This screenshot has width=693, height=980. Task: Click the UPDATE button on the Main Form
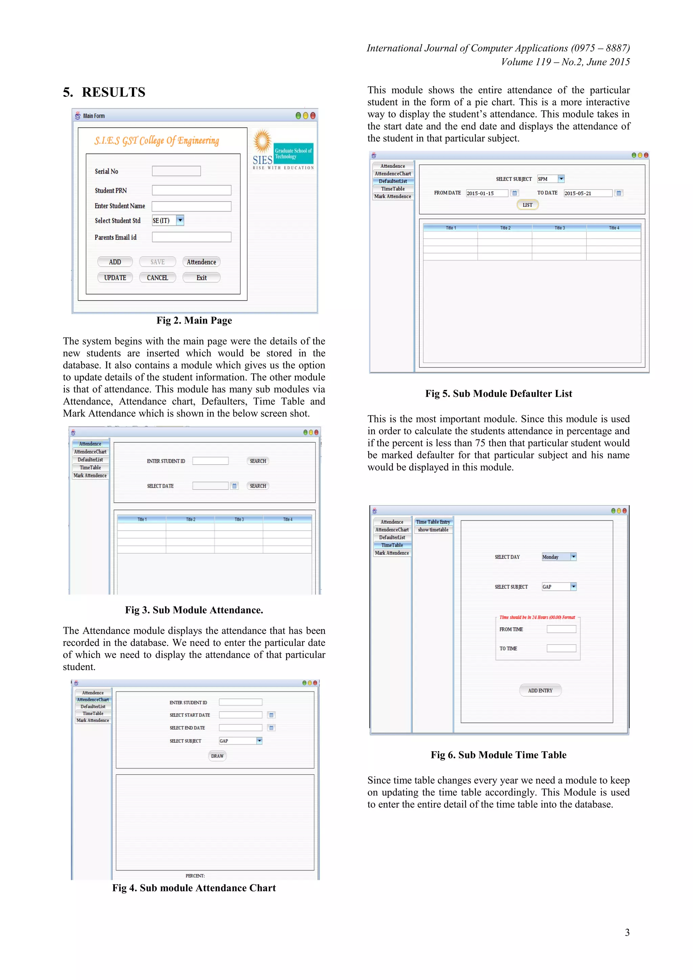click(x=115, y=278)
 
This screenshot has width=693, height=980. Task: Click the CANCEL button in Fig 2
click(x=157, y=278)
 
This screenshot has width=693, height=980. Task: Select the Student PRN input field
click(x=192, y=191)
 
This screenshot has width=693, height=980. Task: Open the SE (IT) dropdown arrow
click(x=180, y=220)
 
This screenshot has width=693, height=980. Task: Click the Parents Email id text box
click(x=192, y=237)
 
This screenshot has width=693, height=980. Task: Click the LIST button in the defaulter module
click(x=528, y=205)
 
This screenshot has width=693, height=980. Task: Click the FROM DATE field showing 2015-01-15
click(x=487, y=193)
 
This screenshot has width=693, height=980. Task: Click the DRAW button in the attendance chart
click(x=217, y=756)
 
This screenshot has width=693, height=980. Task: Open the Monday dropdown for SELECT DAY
click(x=573, y=557)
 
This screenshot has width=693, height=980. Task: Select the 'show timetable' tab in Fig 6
click(x=433, y=530)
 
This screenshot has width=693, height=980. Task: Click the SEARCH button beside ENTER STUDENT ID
click(x=258, y=461)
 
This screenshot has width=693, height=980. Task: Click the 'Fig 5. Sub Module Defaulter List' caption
click(x=498, y=394)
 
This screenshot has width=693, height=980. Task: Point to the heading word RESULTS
click(x=113, y=92)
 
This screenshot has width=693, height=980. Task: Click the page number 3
click(x=627, y=933)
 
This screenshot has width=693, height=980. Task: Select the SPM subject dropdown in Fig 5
click(x=551, y=179)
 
